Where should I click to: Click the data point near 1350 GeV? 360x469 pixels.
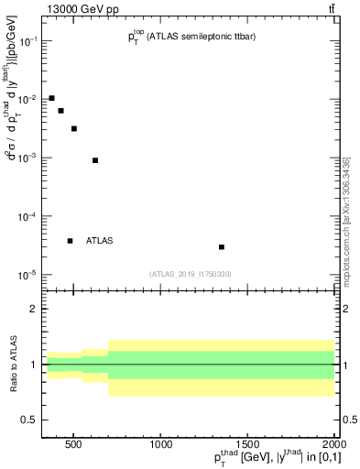222,247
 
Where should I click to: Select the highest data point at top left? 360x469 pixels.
51,98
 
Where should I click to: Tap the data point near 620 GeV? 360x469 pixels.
95,160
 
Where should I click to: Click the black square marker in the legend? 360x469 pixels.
70,241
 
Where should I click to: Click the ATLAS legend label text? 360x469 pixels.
99,241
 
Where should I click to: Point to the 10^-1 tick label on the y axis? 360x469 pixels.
29,42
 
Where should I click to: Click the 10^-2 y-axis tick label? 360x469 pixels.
29,100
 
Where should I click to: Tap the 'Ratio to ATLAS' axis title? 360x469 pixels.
13,365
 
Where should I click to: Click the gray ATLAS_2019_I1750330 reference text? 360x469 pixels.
191,274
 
